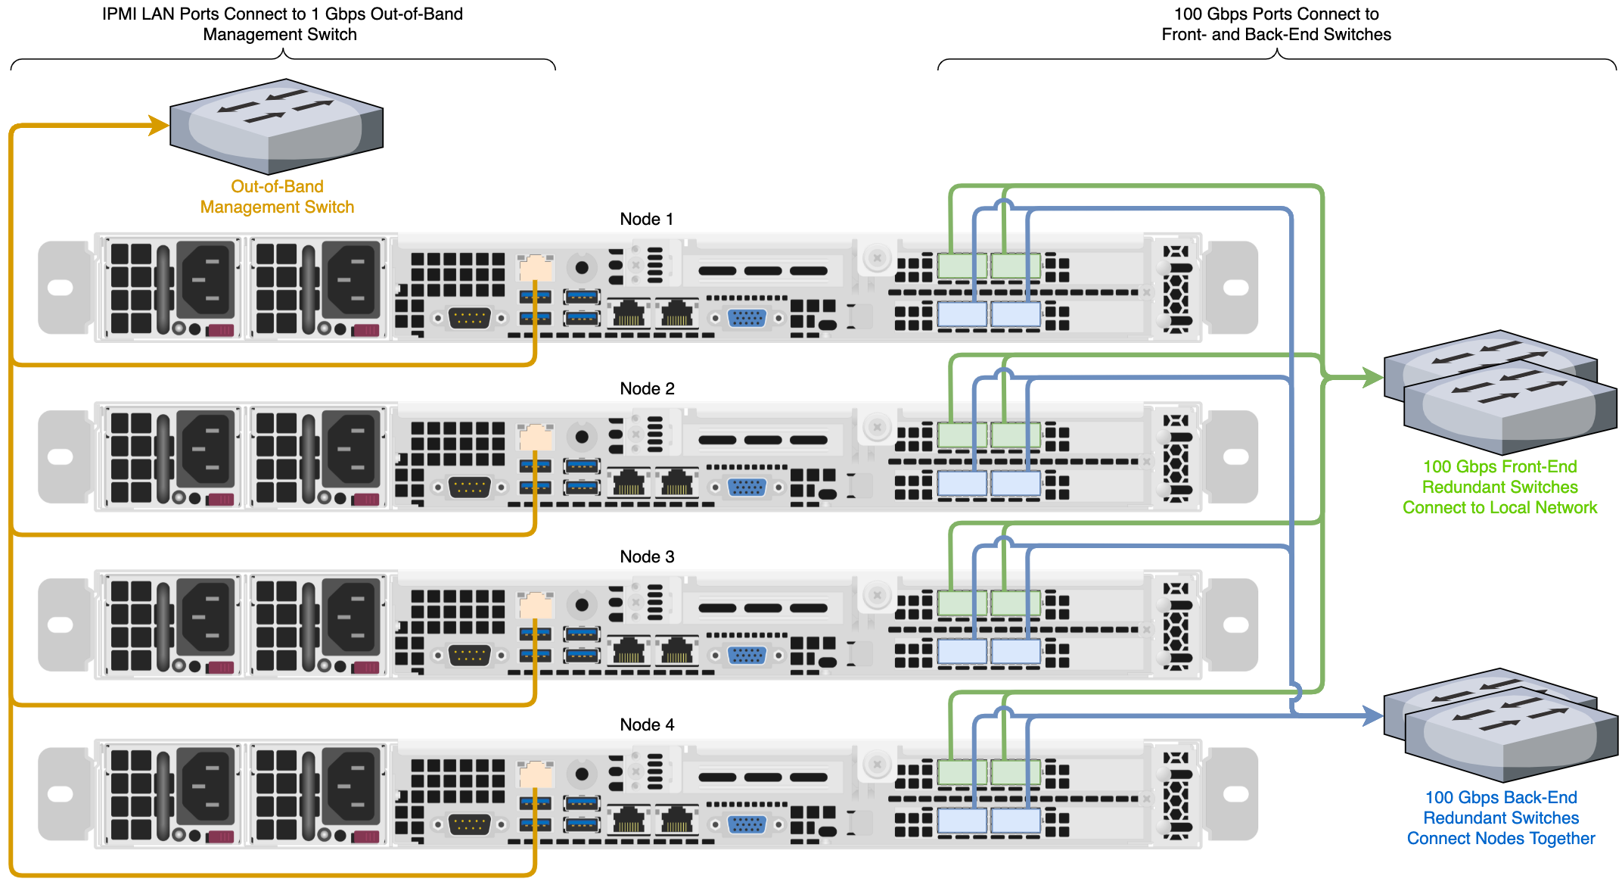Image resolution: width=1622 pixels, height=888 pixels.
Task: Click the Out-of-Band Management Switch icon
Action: pos(276,126)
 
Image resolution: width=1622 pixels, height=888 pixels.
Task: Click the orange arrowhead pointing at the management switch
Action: pos(159,125)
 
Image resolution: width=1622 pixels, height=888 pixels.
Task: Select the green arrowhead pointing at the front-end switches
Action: pos(1372,377)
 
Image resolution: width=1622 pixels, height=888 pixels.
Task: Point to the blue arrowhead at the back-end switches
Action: pos(1372,715)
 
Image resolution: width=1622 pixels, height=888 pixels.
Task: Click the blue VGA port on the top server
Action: pos(747,318)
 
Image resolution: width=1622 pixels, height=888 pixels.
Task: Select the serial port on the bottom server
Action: pos(469,824)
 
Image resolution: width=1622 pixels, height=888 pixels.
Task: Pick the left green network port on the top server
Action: pos(962,266)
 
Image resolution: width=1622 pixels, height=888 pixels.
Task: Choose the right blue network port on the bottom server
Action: pos(1015,821)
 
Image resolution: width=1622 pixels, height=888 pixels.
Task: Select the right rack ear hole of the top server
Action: pos(1235,288)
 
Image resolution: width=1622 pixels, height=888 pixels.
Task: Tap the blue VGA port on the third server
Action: pos(747,656)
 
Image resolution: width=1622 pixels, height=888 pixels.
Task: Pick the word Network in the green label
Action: pos(1565,507)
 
